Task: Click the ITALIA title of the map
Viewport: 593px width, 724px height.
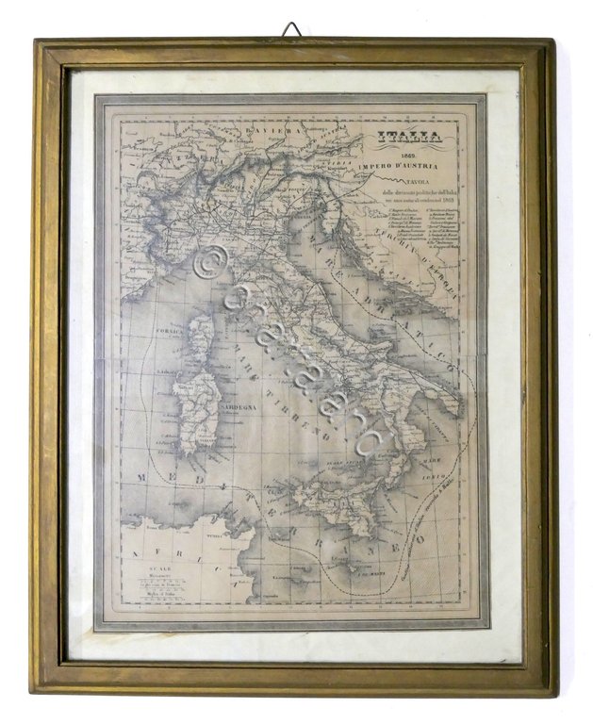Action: (x=409, y=139)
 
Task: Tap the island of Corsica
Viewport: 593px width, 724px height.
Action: (x=202, y=337)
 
